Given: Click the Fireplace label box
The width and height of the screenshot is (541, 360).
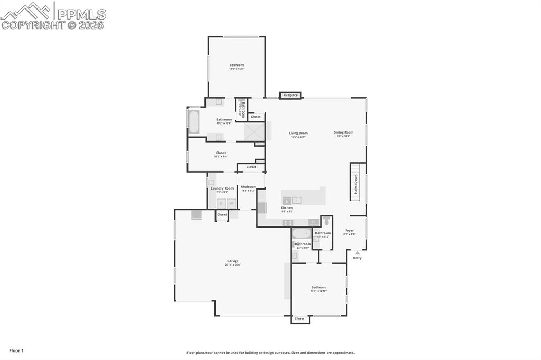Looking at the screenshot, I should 291,96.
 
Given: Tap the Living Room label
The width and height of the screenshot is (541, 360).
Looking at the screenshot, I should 298,133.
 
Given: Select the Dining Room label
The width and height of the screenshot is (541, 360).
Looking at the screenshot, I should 343,132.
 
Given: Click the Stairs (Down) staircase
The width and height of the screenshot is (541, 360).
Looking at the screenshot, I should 357,181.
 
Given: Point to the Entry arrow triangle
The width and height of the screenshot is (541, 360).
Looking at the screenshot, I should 357,253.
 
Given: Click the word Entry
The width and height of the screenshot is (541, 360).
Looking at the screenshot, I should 358,258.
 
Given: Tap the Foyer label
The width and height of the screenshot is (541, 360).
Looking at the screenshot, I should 349,230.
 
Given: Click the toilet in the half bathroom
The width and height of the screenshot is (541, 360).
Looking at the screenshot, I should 327,221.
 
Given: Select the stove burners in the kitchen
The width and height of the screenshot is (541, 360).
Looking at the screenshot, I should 288,223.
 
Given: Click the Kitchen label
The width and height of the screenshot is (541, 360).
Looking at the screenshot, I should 287,208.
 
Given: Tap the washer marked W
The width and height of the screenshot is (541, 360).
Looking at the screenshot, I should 231,203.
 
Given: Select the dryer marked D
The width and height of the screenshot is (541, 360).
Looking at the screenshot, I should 221,203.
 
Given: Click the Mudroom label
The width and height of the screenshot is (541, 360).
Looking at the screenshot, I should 248,186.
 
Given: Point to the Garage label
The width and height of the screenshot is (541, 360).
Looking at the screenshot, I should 232,261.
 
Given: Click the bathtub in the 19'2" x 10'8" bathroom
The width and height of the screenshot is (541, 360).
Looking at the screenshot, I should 194,122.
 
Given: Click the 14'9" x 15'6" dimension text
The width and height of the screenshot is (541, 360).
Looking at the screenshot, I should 236,69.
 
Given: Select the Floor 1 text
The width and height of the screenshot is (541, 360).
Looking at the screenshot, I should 16,350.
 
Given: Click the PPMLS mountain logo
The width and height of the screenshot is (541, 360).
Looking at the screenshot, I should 26,11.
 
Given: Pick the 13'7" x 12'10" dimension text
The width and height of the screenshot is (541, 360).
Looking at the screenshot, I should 319,291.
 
